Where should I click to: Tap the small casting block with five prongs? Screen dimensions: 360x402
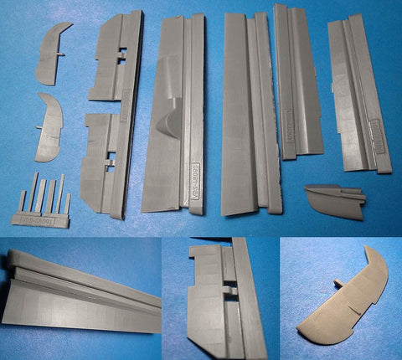(x=45, y=206)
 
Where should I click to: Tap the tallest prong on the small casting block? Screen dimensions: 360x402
(x=35, y=191)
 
